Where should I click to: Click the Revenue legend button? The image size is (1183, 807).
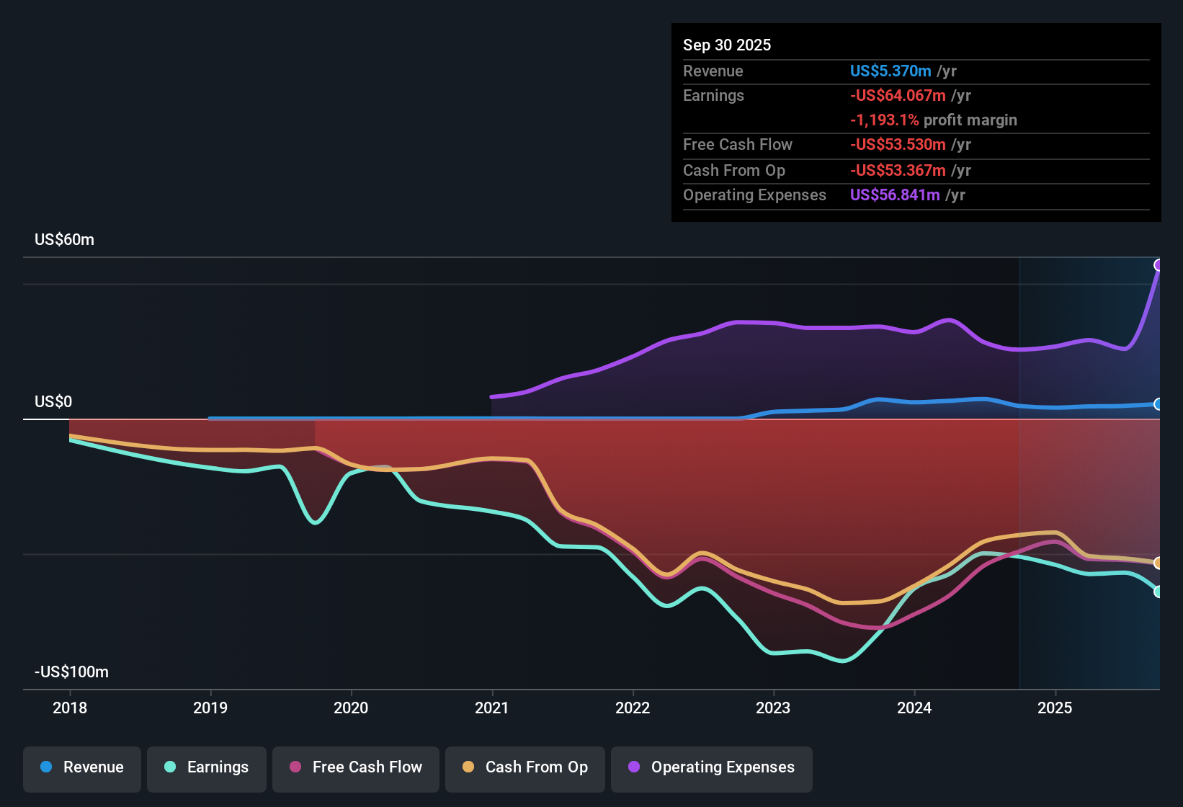coord(82,767)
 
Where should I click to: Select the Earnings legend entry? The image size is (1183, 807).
coord(207,767)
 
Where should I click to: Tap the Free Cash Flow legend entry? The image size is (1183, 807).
coord(356,767)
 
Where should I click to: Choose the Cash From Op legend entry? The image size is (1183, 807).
coord(525,767)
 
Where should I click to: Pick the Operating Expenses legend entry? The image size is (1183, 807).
coord(712,767)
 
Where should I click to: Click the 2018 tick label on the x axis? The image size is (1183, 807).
coord(70,708)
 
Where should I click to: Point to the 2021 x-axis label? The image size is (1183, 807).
coord(492,708)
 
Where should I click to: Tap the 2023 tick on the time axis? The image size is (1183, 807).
coord(773,708)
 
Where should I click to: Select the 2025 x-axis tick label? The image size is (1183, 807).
coord(1055,708)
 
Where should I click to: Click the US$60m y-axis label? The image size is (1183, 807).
coord(64,240)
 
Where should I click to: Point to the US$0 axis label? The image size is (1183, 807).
coord(53,402)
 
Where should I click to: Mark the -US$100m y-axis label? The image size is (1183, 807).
coord(71,672)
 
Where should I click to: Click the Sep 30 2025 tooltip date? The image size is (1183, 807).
coord(727,45)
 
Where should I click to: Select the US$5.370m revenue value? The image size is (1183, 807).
coord(890,71)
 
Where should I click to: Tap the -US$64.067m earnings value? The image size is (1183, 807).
coord(898,96)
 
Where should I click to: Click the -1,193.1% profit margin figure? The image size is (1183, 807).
coord(884,120)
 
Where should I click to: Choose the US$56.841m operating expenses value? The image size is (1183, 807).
coord(895,195)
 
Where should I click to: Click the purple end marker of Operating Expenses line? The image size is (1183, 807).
coord(1159,265)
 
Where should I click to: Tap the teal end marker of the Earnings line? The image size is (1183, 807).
coord(1159,592)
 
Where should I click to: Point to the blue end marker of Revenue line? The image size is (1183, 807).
coord(1159,404)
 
